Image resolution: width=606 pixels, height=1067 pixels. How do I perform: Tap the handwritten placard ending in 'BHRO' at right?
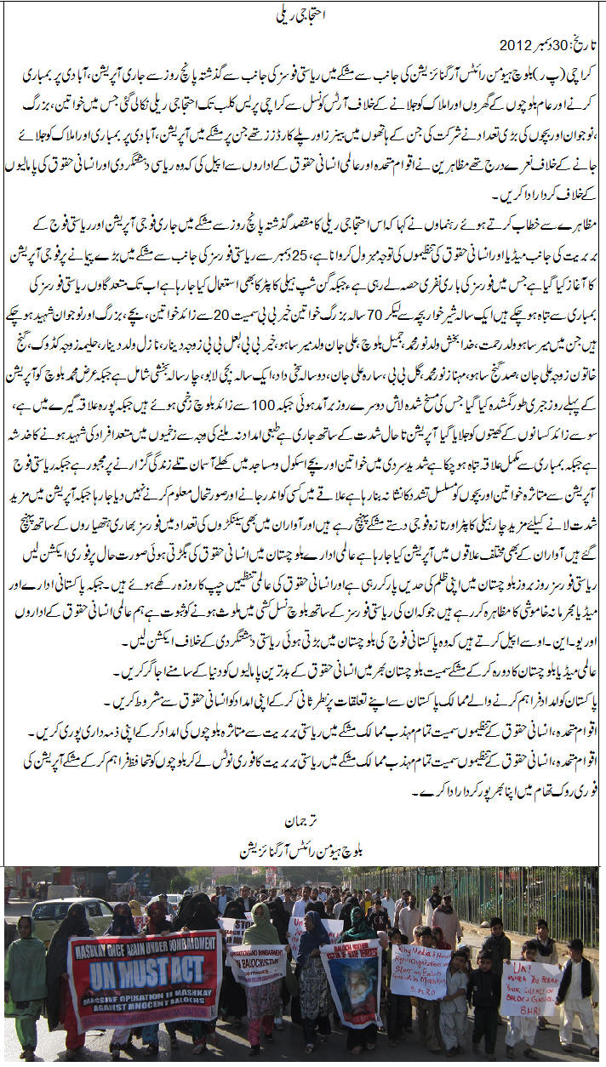click(529, 987)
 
